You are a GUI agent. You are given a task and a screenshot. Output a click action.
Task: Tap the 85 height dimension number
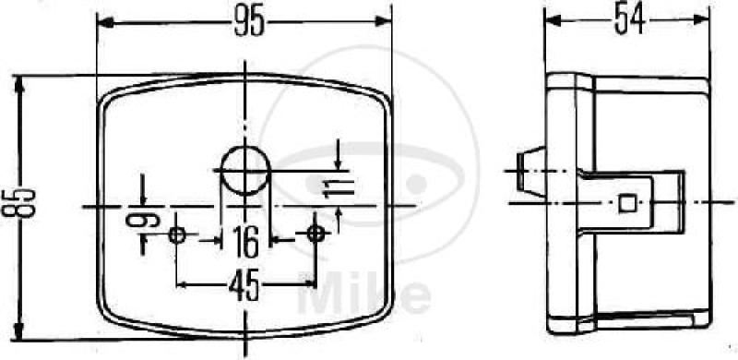(18, 203)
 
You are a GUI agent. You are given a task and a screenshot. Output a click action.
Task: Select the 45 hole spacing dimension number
(244, 286)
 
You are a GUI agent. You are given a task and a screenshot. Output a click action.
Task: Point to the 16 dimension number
(246, 242)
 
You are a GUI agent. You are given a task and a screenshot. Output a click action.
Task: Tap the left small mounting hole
(177, 234)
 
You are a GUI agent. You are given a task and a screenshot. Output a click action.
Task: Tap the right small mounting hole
(315, 233)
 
